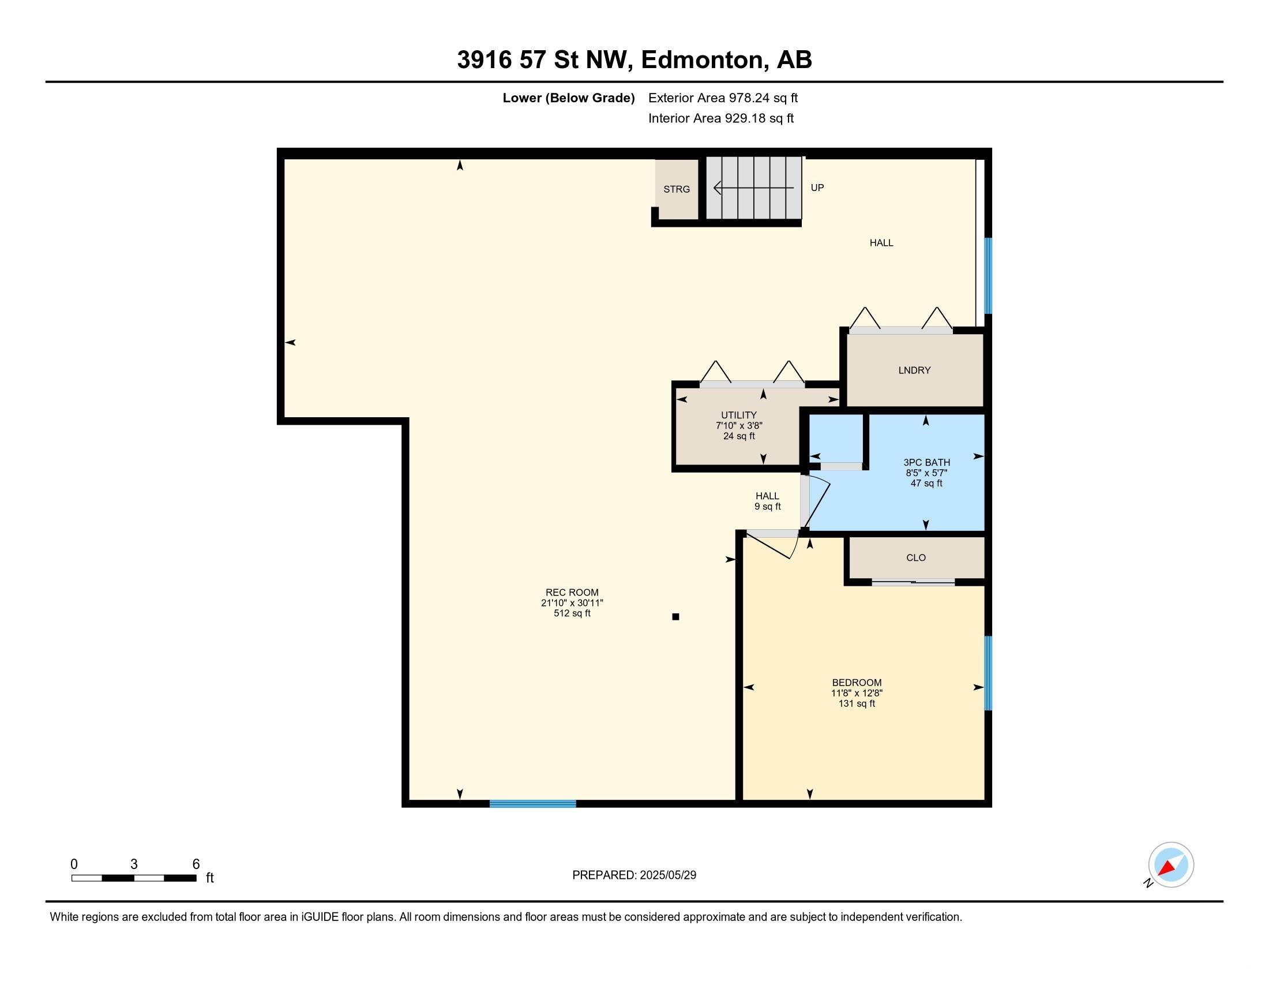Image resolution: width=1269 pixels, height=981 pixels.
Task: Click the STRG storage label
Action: (677, 189)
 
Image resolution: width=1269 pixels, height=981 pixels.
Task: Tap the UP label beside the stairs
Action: (817, 188)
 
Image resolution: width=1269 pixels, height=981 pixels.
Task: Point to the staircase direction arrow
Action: (754, 188)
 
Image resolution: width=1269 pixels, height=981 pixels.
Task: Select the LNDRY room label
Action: (914, 370)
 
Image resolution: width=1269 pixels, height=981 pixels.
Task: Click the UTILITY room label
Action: (738, 415)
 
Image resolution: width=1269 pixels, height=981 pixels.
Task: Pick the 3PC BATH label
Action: (926, 463)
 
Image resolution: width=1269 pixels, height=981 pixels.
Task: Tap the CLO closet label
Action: (916, 557)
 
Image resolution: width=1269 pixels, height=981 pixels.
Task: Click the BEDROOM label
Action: (857, 682)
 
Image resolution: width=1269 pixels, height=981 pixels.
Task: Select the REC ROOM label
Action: (572, 592)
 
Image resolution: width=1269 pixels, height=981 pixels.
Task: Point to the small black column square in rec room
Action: (675, 617)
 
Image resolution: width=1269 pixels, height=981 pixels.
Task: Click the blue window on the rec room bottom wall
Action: (533, 804)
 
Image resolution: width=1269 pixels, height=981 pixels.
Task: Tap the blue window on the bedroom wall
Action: (988, 673)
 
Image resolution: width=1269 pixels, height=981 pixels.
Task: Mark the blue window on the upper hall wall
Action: (988, 275)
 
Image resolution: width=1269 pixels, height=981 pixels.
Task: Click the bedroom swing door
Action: (772, 544)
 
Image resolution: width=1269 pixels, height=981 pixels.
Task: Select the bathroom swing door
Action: (815, 500)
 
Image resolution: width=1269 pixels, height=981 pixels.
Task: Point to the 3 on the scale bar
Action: (134, 864)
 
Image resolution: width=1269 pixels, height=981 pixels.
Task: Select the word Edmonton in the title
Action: (701, 60)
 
